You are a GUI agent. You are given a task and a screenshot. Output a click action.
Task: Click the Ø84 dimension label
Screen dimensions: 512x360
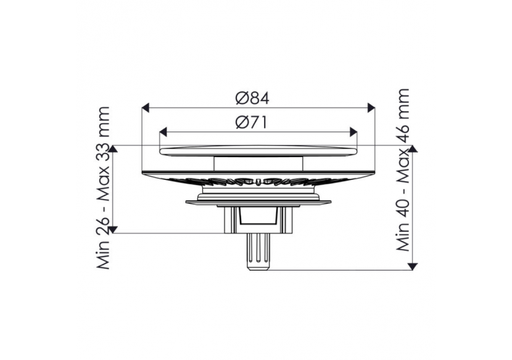pos(252,98)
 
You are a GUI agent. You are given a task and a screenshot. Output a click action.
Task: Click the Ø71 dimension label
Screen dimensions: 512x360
pos(251,123)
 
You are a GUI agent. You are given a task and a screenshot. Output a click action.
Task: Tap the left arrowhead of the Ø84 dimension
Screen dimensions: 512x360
pos(146,107)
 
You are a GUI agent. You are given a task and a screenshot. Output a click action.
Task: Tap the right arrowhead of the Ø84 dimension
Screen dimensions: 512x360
pos(371,107)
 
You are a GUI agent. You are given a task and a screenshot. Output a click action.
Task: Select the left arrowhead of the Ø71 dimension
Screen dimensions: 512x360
pos(163,132)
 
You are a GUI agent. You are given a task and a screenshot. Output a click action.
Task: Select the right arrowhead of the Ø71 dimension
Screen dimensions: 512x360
pos(353,132)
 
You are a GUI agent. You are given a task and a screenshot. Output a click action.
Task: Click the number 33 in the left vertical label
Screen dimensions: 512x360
pos(103,157)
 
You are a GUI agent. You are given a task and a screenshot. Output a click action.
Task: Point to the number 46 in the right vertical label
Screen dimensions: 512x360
pos(403,132)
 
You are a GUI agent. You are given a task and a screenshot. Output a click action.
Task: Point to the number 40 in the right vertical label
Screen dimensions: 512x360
pos(403,210)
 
